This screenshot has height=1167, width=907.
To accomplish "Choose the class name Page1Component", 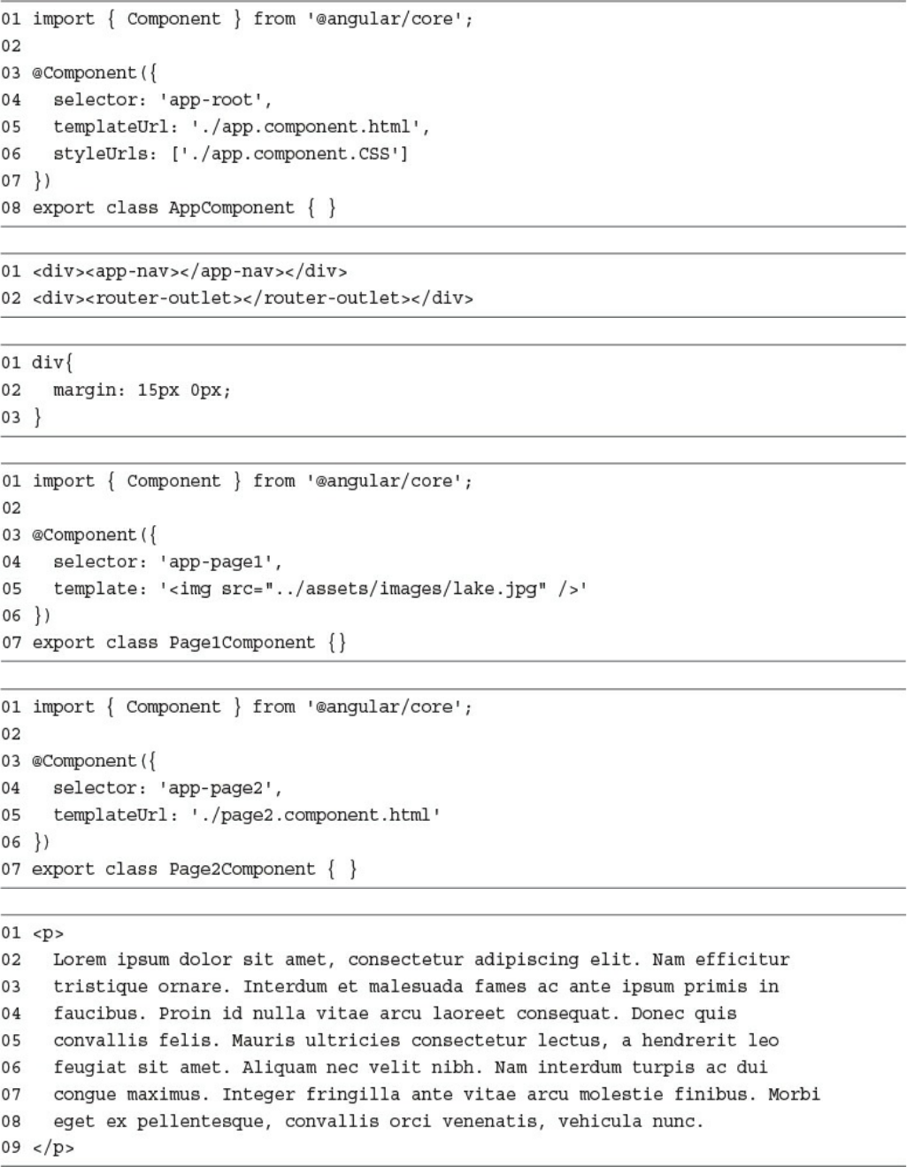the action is pyautogui.click(x=242, y=643).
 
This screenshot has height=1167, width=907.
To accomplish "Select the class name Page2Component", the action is pyautogui.click(x=242, y=869).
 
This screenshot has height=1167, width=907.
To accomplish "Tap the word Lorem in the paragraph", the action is pyautogui.click(x=79, y=960).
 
